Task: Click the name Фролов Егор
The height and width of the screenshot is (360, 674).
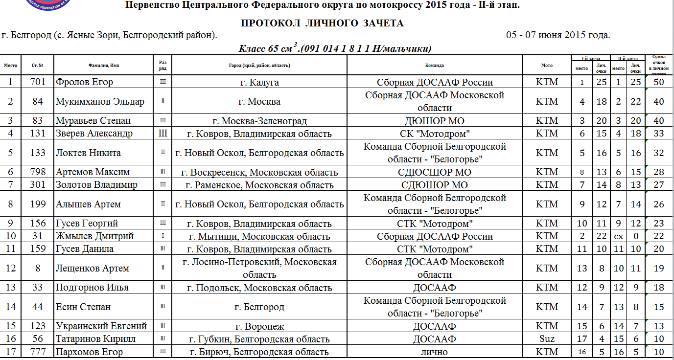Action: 84,82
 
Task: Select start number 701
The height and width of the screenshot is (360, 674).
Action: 38,82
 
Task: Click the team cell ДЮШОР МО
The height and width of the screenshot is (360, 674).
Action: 435,121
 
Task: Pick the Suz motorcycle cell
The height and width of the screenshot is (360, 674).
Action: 547,339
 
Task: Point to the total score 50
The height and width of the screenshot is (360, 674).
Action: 659,82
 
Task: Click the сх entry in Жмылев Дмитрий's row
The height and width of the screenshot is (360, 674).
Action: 618,236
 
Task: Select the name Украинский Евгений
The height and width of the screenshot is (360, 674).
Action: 101,326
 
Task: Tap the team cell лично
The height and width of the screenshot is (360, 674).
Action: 435,352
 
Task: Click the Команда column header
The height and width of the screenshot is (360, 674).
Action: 435,65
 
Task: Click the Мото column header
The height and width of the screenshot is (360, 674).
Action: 547,65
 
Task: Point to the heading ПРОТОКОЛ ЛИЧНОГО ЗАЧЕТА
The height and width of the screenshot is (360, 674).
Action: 322,23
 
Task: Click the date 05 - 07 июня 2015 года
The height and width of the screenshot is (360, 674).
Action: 558,35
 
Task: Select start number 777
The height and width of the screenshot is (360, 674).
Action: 38,352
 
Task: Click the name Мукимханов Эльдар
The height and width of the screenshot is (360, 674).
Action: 100,102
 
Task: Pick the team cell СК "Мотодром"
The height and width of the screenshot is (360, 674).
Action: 435,134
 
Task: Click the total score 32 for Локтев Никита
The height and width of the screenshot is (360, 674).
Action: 659,153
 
